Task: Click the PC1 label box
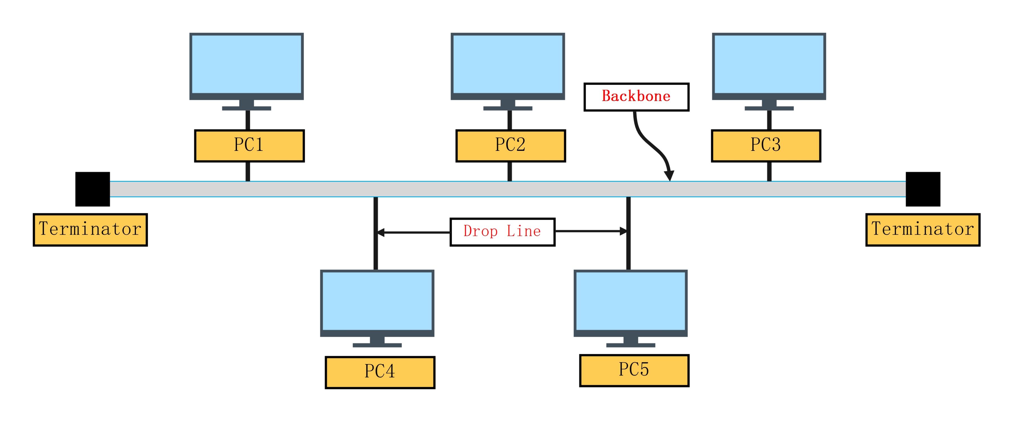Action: [x=249, y=146]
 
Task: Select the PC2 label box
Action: [x=511, y=146]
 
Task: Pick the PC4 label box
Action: [x=380, y=372]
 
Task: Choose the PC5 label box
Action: [x=634, y=371]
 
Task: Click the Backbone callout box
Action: [x=636, y=97]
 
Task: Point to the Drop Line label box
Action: [x=502, y=232]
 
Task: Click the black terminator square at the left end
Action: [x=93, y=189]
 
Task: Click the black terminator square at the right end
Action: [x=923, y=189]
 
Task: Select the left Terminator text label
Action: [x=90, y=230]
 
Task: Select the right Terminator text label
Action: [x=923, y=230]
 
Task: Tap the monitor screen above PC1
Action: [x=247, y=64]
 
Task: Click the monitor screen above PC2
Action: [x=508, y=64]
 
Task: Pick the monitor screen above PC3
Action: [x=769, y=64]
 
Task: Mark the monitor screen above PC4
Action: [x=377, y=301]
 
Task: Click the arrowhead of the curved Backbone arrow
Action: [x=669, y=176]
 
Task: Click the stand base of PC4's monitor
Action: [x=377, y=345]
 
